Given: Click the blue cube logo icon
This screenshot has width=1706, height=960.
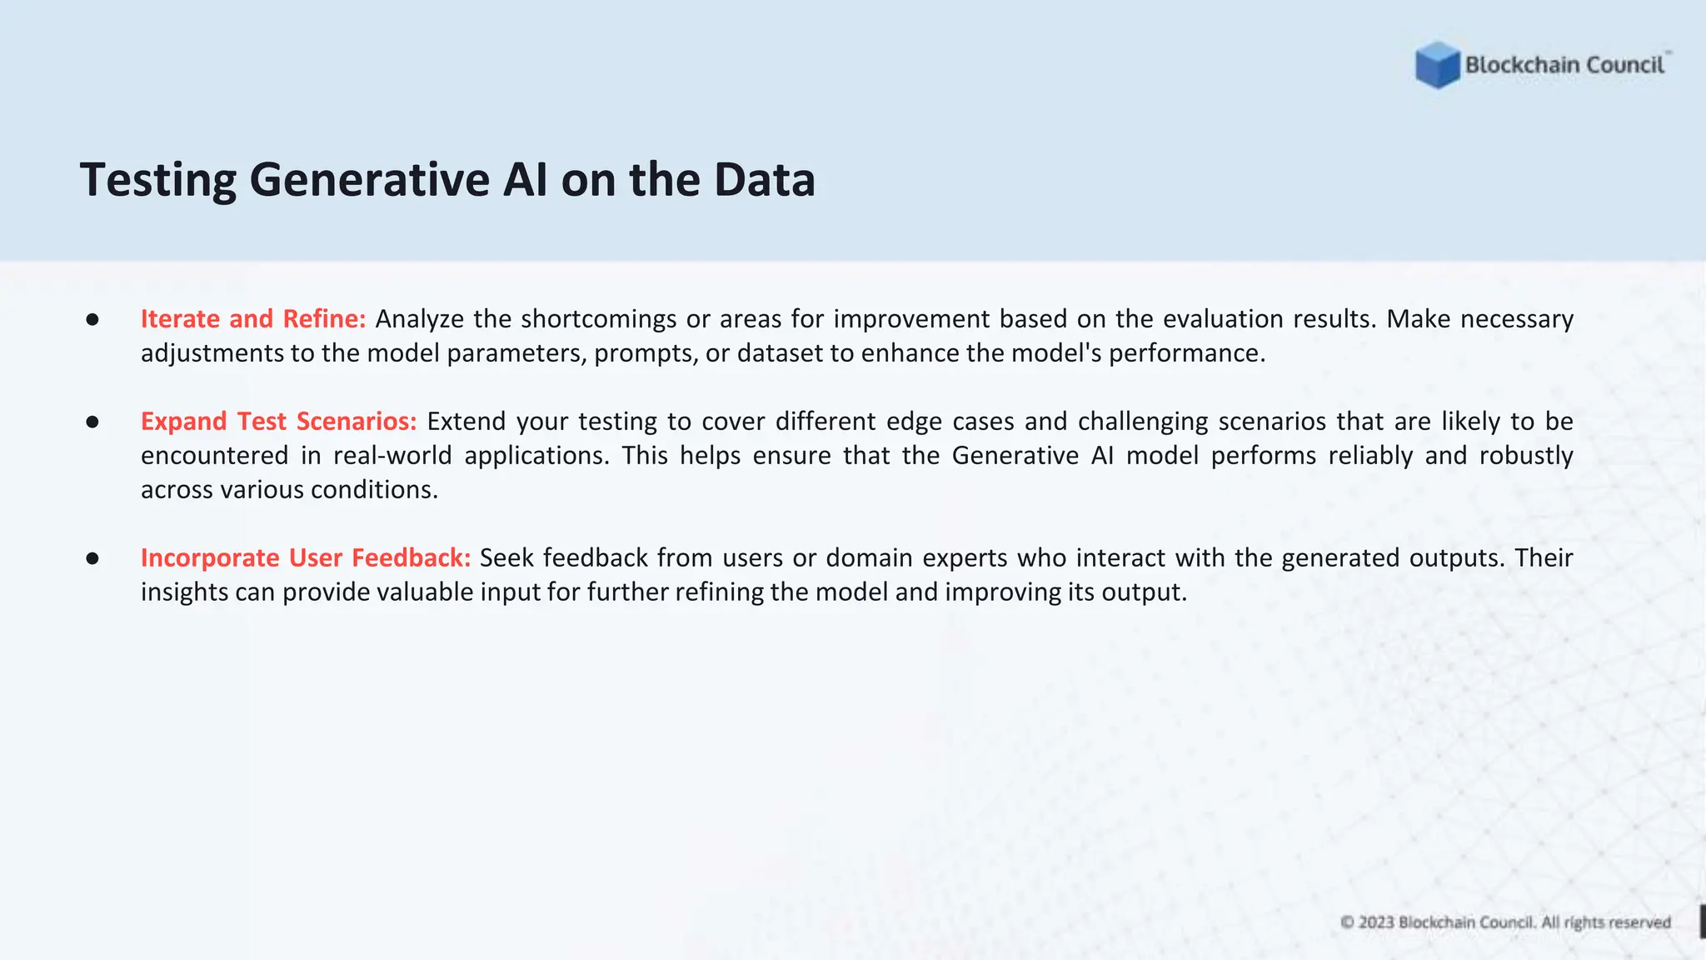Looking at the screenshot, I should point(1437,65).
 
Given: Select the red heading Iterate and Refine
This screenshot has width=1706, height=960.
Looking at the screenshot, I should point(252,319).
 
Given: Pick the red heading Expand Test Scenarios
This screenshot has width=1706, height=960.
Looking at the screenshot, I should point(278,422).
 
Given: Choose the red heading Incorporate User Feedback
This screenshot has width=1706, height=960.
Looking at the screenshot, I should point(305,558).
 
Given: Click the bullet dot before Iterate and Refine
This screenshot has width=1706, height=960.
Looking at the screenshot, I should point(92,320).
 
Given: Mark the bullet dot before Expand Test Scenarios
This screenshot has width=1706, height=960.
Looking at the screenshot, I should point(92,422).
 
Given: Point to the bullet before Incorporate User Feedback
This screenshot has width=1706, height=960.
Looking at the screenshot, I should point(92,559).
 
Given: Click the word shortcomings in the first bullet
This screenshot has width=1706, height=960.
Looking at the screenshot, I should point(598,319).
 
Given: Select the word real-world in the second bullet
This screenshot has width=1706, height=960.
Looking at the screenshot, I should point(392,456).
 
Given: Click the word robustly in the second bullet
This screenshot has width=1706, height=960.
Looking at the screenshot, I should point(1526,456).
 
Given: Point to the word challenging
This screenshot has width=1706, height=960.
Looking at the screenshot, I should point(1143,422).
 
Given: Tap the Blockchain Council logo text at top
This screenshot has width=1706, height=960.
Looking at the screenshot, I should point(1564,65).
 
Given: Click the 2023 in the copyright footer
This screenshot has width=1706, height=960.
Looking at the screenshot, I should point(1376,922).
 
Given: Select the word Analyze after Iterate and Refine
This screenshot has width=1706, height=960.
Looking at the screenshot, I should point(419,319).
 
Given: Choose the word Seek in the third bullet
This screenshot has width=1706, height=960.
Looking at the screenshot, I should point(506,558).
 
